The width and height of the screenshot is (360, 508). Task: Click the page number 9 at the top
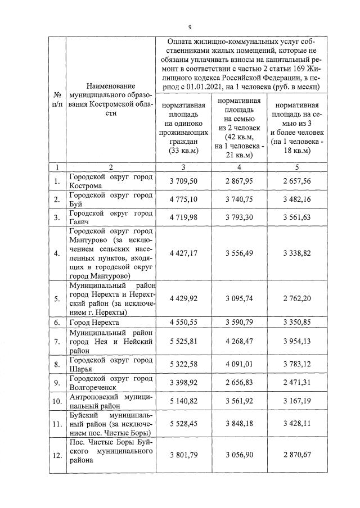coord(190,27)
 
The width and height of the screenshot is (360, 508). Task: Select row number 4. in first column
coord(56,253)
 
